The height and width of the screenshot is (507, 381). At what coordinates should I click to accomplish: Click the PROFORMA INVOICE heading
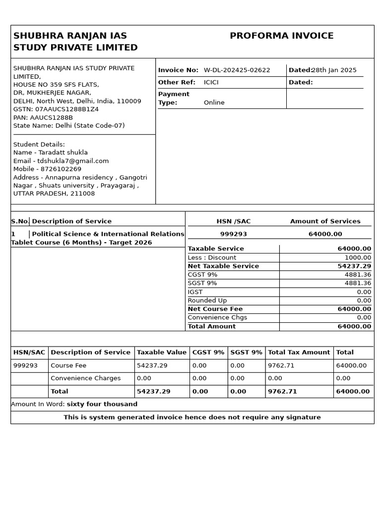tap(281, 36)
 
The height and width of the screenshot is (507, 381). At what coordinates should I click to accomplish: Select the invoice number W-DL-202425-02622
tap(237, 70)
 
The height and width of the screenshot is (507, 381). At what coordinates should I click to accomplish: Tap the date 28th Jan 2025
tap(334, 70)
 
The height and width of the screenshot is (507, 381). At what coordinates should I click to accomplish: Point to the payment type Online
tap(214, 102)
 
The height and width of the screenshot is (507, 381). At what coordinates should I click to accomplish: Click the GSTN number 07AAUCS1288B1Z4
tap(66, 109)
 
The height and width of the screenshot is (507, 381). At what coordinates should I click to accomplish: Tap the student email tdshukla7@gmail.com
tap(73, 161)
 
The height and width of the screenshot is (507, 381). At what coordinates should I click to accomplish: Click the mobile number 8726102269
tap(61, 169)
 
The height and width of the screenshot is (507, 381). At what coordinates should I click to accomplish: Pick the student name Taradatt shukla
tap(63, 152)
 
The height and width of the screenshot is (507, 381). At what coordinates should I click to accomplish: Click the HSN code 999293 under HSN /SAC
tap(233, 234)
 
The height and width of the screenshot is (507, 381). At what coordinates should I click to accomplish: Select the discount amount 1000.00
tap(357, 257)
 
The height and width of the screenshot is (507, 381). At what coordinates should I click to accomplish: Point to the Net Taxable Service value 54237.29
tap(354, 266)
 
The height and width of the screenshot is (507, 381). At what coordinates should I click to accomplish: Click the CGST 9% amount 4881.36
tap(357, 275)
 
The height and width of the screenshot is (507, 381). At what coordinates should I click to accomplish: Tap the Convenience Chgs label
tap(217, 317)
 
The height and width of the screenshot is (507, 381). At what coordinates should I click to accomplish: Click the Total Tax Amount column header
tap(299, 353)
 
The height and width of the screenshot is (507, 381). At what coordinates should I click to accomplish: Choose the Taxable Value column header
tap(162, 353)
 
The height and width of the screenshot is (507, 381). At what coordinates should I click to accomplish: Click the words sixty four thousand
tap(102, 404)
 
